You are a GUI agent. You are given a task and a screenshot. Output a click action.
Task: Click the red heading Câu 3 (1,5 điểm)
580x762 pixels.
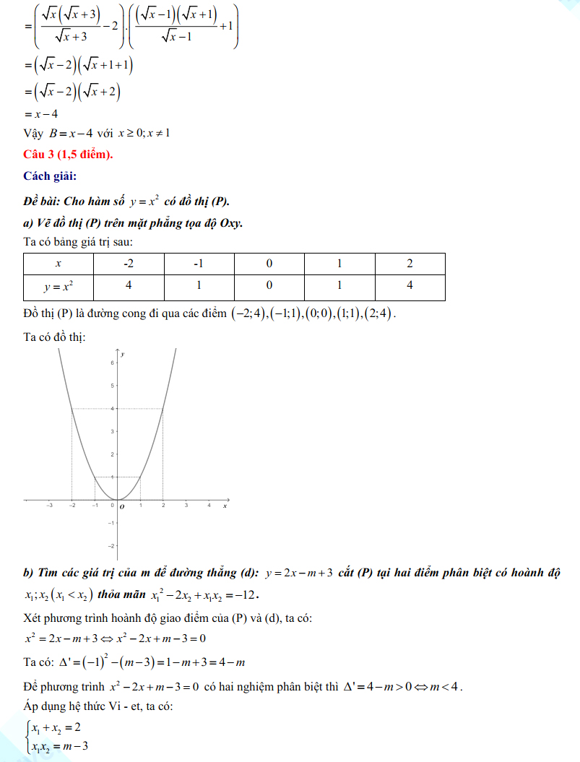[69, 154]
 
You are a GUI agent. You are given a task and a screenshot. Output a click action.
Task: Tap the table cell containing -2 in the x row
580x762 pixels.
[129, 263]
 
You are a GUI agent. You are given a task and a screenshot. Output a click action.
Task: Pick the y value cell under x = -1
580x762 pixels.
[199, 285]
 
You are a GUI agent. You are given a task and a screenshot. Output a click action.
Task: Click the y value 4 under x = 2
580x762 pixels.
[410, 285]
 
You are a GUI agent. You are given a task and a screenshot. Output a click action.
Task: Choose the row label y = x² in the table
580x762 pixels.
[59, 286]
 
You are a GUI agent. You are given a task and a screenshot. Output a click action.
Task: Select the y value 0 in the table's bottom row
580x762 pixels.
[269, 285]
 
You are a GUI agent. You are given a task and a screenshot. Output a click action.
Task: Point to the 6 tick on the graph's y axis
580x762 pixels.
[112, 363]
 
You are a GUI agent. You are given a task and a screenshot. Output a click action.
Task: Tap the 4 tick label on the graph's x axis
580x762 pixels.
[209, 506]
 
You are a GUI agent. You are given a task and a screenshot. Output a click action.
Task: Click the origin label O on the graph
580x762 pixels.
[121, 507]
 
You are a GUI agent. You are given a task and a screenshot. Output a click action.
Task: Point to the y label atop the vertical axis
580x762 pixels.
[124, 354]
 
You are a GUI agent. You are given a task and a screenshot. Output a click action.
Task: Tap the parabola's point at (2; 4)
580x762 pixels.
[163, 409]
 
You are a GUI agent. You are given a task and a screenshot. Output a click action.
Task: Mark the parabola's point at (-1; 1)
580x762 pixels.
[95, 477]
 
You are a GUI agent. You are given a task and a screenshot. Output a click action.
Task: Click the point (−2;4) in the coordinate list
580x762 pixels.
[248, 314]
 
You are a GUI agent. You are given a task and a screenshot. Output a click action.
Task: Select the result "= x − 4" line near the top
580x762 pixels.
[41, 114]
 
